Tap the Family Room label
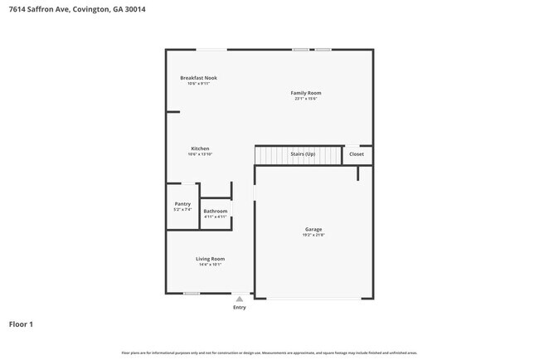[x=305, y=93]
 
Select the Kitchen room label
[x=200, y=148]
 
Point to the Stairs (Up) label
[x=303, y=154]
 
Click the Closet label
[x=356, y=154]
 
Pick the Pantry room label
[x=182, y=204]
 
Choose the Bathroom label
[x=216, y=211]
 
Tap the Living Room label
[x=210, y=259]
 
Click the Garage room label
[x=313, y=229]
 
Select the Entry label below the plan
[x=240, y=307]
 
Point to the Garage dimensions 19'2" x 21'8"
[x=313, y=236]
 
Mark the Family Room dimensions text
[x=305, y=99]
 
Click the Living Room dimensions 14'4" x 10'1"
[x=210, y=265]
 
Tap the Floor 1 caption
[x=21, y=324]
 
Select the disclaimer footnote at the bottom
[x=269, y=353]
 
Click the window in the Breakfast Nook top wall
[x=208, y=49]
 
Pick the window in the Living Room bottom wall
[x=192, y=293]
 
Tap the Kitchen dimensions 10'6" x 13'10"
[x=200, y=154]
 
